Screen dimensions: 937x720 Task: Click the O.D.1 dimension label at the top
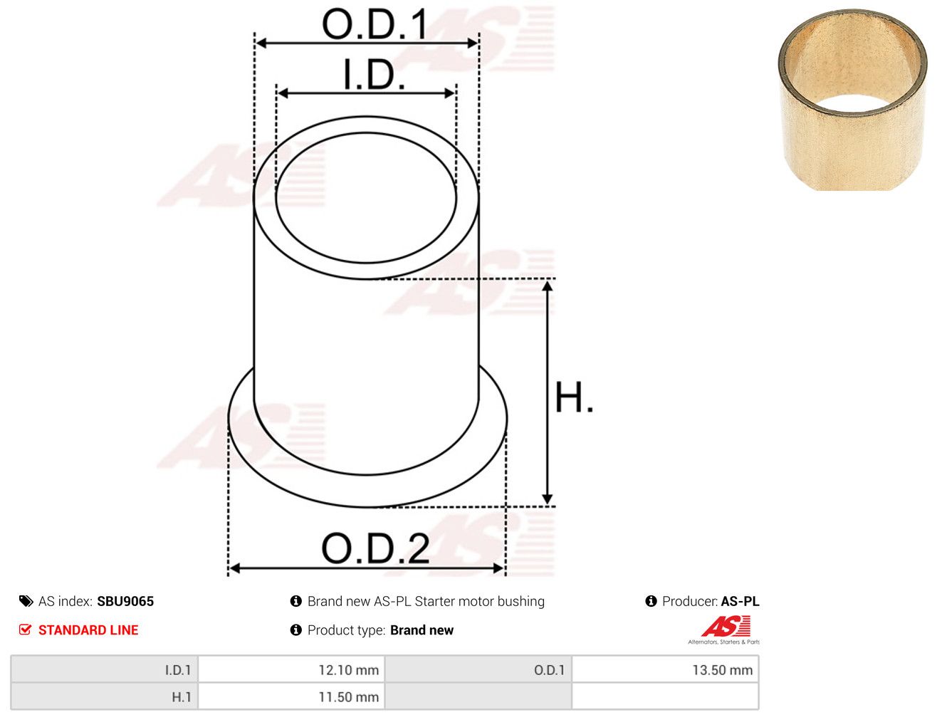[375, 24]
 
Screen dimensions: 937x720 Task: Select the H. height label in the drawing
[573, 397]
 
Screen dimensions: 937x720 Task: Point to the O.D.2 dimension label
[375, 548]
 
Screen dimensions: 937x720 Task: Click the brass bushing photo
[852, 100]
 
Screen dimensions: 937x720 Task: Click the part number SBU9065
[125, 601]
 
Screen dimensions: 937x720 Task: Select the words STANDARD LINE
[88, 630]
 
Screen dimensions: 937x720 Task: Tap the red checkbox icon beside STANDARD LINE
[25, 630]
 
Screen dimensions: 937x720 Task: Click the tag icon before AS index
[26, 601]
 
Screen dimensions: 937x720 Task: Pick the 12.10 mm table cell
[291, 670]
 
